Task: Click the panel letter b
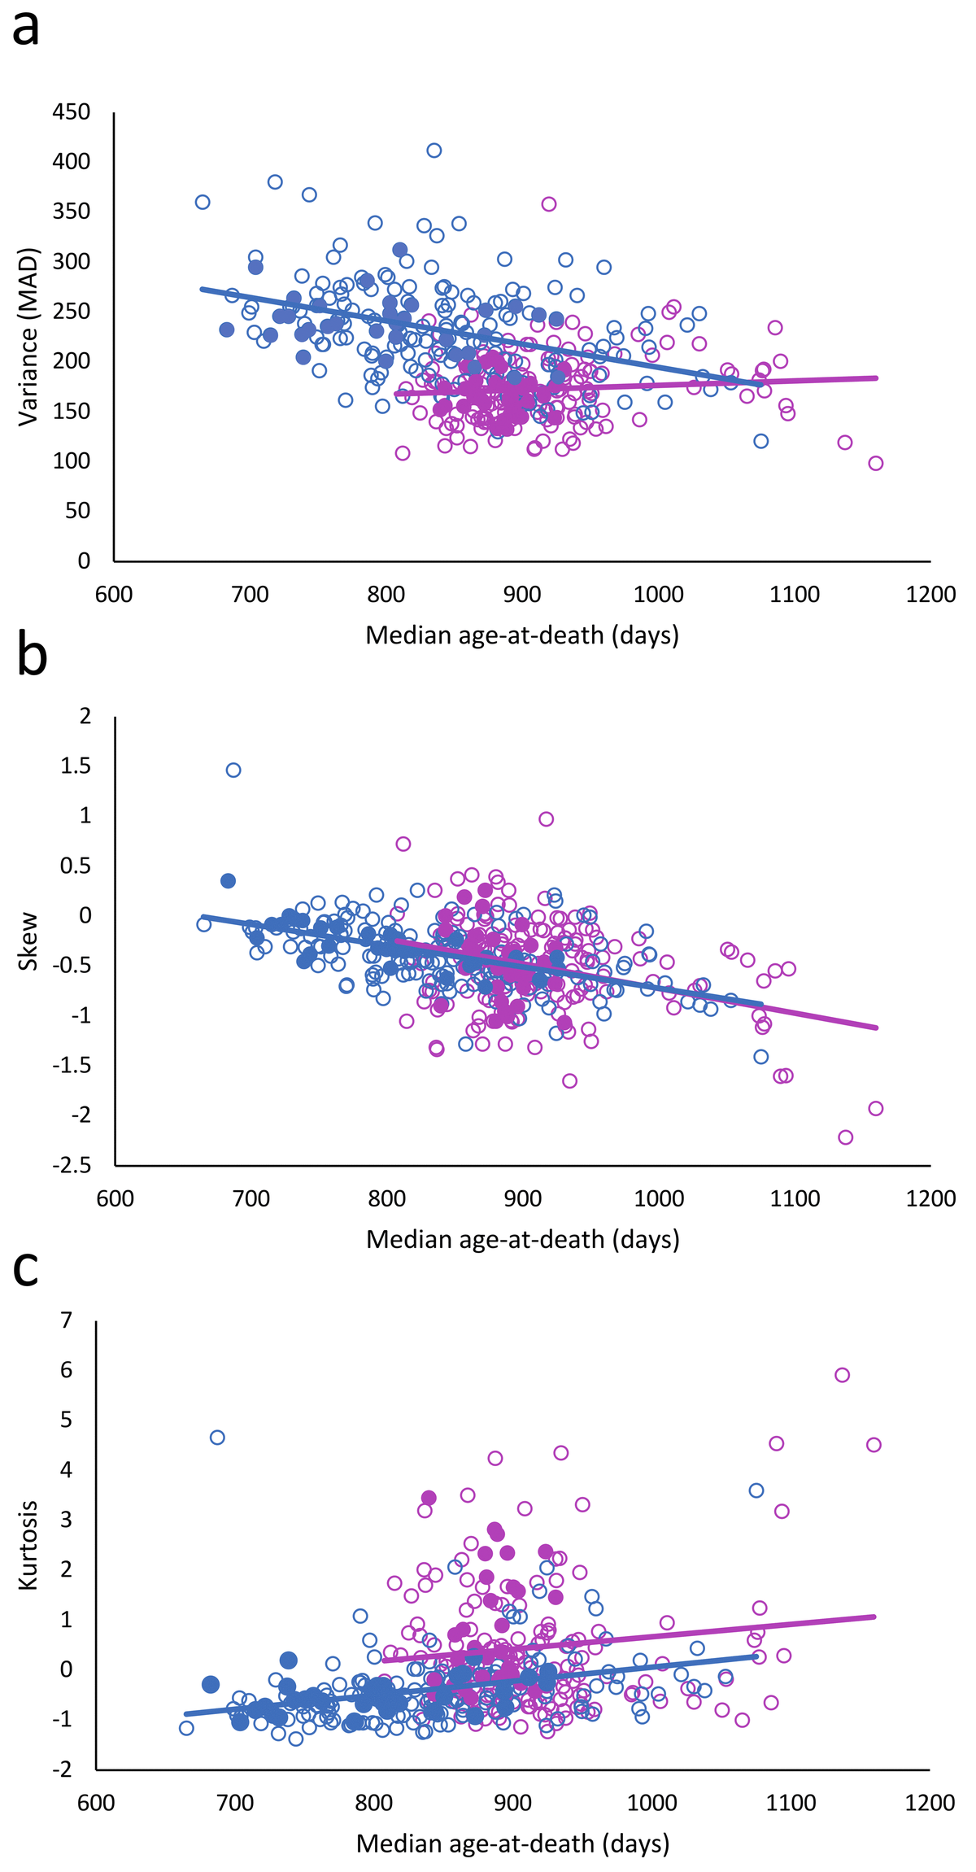coord(31,657)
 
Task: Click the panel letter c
coord(26,1268)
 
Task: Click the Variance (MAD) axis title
coord(28,336)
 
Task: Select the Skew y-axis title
coord(28,941)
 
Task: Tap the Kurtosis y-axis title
coord(28,1545)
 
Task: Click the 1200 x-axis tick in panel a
coord(932,595)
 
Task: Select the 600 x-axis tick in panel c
coord(96,1803)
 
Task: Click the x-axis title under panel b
coord(522,1239)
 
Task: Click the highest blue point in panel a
coord(434,151)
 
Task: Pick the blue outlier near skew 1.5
coord(233,770)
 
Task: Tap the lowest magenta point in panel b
coord(846,1137)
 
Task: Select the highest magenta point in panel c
coord(843,1375)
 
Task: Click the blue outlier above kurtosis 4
coord(217,1438)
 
